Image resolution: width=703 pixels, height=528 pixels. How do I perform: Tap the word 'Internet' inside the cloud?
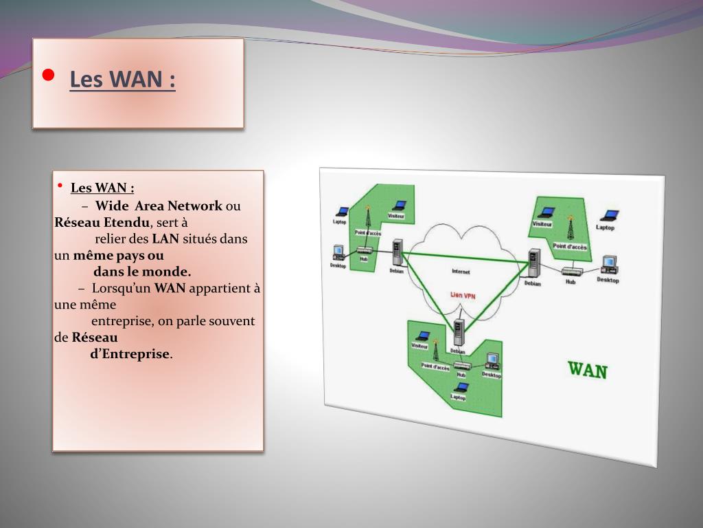[461, 272]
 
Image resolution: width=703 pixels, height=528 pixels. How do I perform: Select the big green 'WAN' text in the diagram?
[588, 370]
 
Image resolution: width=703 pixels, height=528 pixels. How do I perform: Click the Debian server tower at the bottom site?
[459, 332]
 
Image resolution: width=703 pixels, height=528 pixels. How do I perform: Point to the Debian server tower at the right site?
[533, 263]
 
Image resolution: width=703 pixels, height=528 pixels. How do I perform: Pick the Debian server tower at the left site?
[396, 252]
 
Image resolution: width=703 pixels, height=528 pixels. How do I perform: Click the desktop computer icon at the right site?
[608, 265]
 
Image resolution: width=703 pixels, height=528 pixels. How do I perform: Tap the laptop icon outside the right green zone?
[608, 216]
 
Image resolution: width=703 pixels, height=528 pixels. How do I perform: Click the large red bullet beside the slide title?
[47, 76]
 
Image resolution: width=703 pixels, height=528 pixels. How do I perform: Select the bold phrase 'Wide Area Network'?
[159, 206]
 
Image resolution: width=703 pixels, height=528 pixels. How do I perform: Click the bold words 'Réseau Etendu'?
[102, 222]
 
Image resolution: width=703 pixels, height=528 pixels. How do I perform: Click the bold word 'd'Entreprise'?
[130, 354]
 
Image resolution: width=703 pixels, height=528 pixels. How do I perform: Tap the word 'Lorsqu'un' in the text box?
[121, 288]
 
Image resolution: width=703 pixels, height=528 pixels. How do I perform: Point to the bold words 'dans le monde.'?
[142, 272]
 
